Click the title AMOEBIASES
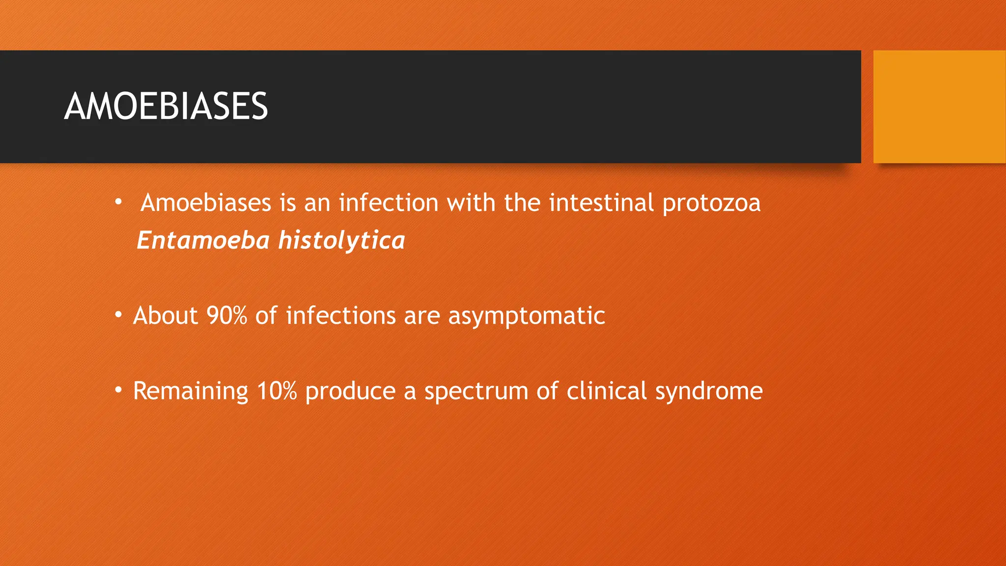(x=166, y=107)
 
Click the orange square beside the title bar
(x=939, y=107)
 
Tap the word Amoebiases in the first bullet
(x=205, y=203)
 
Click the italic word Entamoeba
(x=203, y=240)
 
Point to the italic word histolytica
(x=341, y=241)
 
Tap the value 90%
(x=226, y=315)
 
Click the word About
(x=165, y=315)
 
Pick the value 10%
(x=277, y=391)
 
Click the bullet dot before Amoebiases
(x=118, y=201)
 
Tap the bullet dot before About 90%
(x=118, y=314)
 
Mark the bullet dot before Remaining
(x=118, y=390)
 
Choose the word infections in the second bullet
(x=340, y=315)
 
